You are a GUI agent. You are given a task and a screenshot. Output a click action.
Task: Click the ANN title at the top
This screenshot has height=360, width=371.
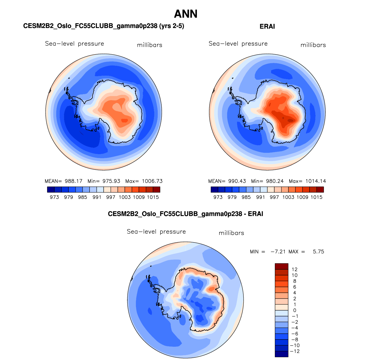186,14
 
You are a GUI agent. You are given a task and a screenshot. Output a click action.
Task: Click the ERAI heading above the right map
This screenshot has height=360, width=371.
267,27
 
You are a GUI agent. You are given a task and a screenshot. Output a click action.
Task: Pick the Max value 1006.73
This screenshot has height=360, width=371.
152,181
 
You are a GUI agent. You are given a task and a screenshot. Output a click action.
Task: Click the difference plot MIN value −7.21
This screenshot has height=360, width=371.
278,252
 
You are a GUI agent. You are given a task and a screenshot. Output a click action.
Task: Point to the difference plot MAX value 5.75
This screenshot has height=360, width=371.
318,252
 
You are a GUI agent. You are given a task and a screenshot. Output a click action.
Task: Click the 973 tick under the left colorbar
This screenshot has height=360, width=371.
54,197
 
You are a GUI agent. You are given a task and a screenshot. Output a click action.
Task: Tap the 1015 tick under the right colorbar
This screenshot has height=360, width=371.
316,197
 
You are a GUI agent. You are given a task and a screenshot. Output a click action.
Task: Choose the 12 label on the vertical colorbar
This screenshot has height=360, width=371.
294,269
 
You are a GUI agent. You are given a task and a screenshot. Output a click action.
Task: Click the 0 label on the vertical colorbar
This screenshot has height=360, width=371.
294,310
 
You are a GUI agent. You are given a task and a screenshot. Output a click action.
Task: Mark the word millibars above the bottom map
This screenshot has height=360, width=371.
231,233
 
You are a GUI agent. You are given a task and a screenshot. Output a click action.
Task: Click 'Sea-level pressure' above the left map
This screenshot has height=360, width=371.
74,44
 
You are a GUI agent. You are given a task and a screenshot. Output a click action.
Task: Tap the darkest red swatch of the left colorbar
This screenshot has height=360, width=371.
156,190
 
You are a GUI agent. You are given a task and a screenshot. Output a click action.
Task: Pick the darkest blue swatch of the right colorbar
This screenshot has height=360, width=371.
214,190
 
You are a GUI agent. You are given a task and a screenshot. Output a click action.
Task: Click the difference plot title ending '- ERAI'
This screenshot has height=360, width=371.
185,214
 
